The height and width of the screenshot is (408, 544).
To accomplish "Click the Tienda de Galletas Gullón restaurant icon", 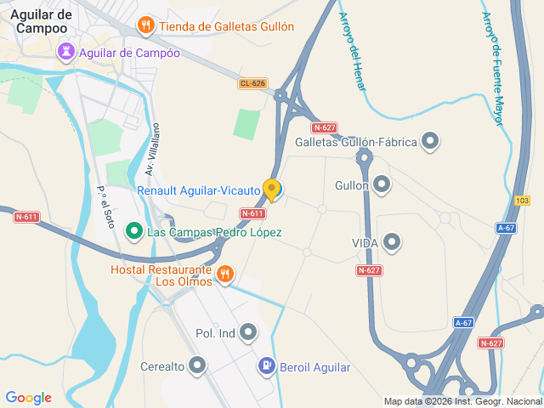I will click(x=146, y=25).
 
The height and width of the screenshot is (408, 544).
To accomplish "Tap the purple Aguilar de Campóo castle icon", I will click(x=65, y=53).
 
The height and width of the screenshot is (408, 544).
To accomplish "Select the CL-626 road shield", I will click(x=252, y=83).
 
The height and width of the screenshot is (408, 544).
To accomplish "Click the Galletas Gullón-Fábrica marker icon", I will click(x=430, y=141).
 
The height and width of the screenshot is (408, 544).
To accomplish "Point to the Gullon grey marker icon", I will click(x=382, y=184).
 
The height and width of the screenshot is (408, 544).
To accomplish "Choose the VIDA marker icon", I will click(x=392, y=243).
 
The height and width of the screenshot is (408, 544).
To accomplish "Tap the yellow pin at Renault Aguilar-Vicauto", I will click(x=272, y=189).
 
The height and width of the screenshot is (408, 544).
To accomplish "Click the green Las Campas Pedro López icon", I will click(x=133, y=231).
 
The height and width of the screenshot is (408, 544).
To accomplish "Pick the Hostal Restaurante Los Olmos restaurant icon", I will click(x=224, y=273).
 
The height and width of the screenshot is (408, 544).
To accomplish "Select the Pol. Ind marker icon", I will click(x=248, y=332).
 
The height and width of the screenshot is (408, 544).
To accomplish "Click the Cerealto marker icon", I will click(x=198, y=366).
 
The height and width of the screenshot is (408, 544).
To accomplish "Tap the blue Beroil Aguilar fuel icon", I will click(x=266, y=366).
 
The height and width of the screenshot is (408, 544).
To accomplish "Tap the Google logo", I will click(x=28, y=398).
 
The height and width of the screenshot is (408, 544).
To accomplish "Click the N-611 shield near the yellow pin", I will click(x=252, y=213).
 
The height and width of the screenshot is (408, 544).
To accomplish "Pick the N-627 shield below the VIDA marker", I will click(x=368, y=270).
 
